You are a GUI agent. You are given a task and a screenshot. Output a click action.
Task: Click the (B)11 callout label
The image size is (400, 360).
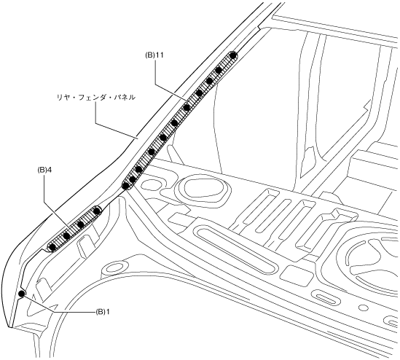[x=154, y=56]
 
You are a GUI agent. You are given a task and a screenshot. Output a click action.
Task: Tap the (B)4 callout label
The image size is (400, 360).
[x=44, y=170]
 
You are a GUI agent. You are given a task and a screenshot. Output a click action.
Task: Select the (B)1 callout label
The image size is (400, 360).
[x=103, y=312]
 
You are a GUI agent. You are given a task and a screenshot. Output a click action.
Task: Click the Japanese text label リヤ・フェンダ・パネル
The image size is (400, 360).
[x=96, y=98]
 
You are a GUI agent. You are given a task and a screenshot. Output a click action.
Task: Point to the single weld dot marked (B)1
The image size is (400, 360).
[x=22, y=294]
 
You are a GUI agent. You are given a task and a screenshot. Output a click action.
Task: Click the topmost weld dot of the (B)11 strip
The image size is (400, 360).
[x=232, y=55]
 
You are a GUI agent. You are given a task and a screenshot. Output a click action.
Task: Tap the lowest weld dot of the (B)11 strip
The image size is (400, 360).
[x=125, y=186]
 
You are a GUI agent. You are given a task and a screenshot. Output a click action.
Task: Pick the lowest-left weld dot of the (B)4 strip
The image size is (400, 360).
[x=52, y=247]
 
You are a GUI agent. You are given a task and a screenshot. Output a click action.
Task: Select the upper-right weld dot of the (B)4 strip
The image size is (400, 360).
[x=96, y=211]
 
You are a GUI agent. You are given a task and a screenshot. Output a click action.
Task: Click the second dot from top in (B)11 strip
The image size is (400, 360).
[x=219, y=70]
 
